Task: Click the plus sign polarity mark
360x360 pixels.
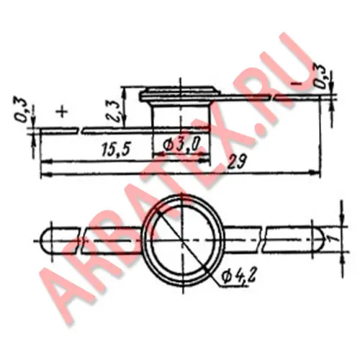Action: click(x=62, y=112)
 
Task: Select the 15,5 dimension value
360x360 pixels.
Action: click(x=116, y=149)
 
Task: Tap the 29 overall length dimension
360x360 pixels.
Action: click(x=237, y=162)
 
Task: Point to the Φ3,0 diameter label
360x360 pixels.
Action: click(x=181, y=145)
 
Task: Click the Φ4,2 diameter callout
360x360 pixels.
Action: click(x=238, y=277)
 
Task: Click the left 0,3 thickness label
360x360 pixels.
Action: click(x=24, y=110)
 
